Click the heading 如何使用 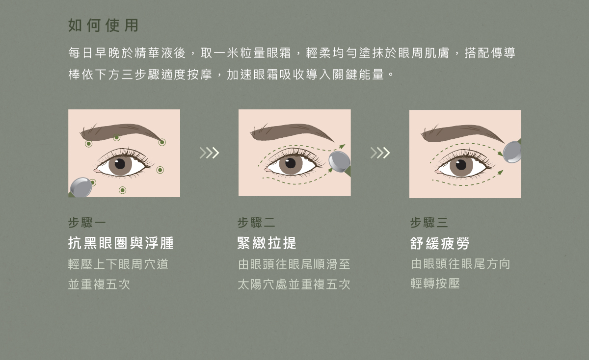(104, 26)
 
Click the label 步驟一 (87, 223)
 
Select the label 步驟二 (256, 223)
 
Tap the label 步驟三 (429, 223)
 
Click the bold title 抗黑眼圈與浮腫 (121, 243)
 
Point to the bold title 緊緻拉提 (267, 243)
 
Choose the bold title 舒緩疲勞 (440, 243)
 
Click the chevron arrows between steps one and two (209, 153)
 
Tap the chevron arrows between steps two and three (380, 153)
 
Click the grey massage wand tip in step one (80, 187)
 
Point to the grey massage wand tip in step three (512, 152)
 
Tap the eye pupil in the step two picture (291, 162)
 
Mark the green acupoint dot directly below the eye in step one (122, 190)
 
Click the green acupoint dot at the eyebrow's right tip (162, 142)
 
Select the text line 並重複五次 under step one (99, 284)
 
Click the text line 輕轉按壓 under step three (435, 284)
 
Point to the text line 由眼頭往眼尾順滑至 (294, 264)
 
